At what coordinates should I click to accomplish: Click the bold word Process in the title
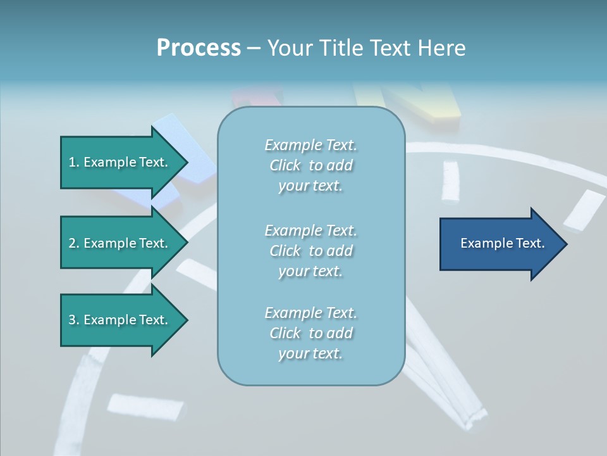click(x=199, y=48)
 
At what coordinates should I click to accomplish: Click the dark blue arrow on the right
click(x=500, y=244)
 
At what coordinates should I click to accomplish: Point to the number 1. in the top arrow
click(x=74, y=163)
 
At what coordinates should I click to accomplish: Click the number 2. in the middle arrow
click(x=74, y=243)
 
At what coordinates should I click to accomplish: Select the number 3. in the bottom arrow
click(x=74, y=320)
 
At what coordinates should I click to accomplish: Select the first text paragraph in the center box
click(x=310, y=165)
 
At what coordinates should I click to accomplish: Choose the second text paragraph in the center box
click(x=310, y=251)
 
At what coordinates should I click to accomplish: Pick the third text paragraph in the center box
click(x=310, y=333)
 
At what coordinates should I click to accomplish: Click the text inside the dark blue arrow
click(x=502, y=243)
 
